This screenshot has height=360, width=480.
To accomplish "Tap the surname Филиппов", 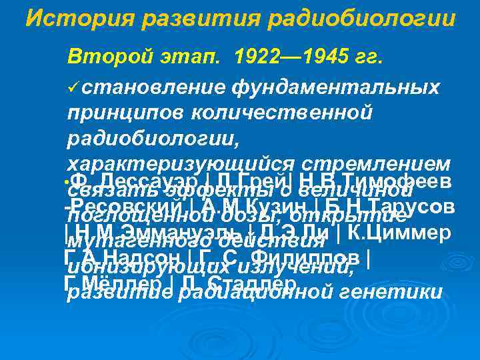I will tap(299, 257).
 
